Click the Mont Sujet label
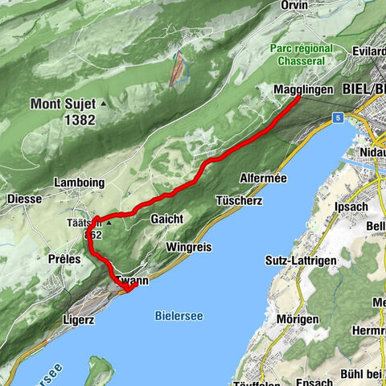(63, 104)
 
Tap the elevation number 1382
(81, 120)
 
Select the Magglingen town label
(302, 90)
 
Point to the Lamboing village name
(79, 183)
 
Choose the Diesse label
(24, 199)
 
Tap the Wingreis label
(190, 247)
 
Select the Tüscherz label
(239, 199)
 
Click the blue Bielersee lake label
(176, 315)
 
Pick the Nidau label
(372, 150)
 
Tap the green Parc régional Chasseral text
(302, 55)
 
